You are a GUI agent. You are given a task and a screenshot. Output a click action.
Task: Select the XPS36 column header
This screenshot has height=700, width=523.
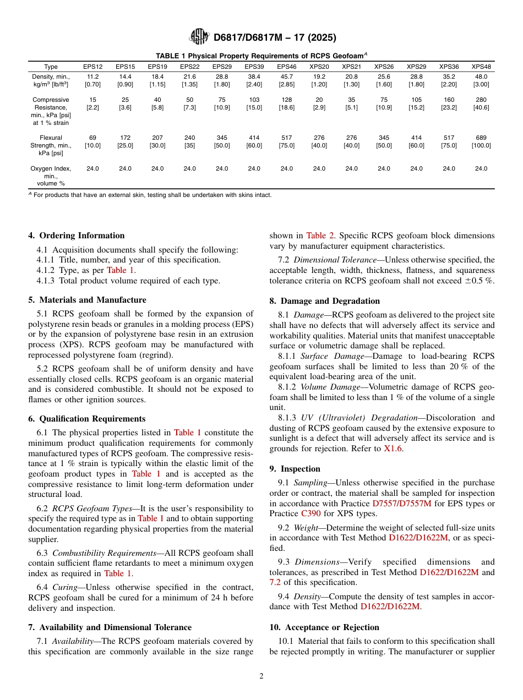pyautogui.click(x=449, y=67)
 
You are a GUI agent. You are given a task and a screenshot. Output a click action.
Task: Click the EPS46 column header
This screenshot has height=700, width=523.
pyautogui.click(x=286, y=67)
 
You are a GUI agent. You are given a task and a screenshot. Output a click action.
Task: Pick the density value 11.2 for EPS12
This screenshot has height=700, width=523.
pyautogui.click(x=92, y=76)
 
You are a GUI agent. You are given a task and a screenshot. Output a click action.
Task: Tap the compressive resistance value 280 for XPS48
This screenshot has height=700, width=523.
pyautogui.click(x=481, y=100)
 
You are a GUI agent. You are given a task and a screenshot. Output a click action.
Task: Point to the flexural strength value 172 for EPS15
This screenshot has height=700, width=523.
pyautogui.click(x=125, y=138)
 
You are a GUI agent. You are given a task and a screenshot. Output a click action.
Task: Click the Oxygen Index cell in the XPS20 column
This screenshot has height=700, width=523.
pyautogui.click(x=319, y=168)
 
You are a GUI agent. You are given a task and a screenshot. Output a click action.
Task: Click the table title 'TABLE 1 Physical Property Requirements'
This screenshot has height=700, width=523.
pyautogui.click(x=261, y=56)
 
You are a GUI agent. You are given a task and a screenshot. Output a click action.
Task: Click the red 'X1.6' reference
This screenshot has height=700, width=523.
pyautogui.click(x=393, y=449)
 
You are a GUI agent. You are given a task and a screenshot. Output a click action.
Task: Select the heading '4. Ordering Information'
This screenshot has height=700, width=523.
pyautogui.click(x=77, y=236)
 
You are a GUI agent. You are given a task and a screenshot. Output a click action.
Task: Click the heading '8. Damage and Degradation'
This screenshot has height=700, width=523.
pyautogui.click(x=325, y=301)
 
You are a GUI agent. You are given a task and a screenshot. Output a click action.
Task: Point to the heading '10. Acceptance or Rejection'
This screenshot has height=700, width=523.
pyautogui.click(x=324, y=627)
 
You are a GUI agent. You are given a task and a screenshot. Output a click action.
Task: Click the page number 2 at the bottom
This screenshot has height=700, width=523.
pyautogui.click(x=261, y=676)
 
